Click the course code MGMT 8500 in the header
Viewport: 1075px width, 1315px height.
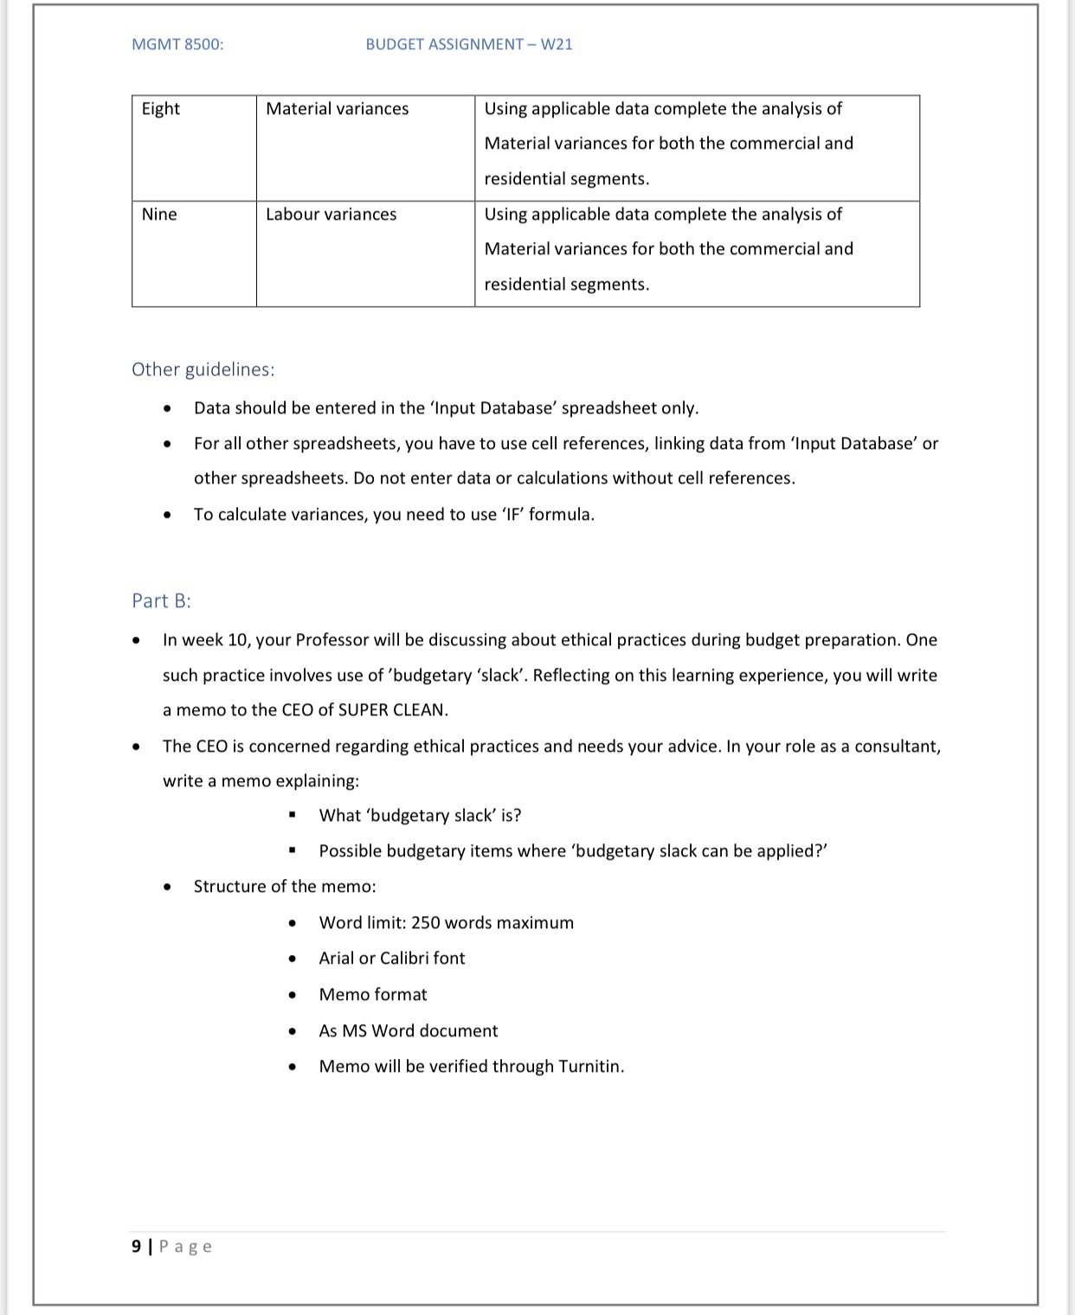pyautogui.click(x=177, y=44)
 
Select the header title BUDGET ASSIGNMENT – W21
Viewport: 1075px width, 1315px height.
pyautogui.click(x=468, y=44)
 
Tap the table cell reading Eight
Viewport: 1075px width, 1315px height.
pyautogui.click(x=161, y=109)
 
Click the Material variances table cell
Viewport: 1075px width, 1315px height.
pyautogui.click(x=337, y=109)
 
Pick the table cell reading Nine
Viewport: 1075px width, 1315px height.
pyautogui.click(x=159, y=215)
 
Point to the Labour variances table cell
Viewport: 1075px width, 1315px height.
pyautogui.click(x=331, y=215)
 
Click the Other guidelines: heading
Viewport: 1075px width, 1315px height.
pyautogui.click(x=203, y=369)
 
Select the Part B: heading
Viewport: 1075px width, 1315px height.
pyautogui.click(x=161, y=600)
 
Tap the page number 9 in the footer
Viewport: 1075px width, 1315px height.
pyautogui.click(x=136, y=1246)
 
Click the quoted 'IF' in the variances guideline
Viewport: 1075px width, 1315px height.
pyautogui.click(x=512, y=515)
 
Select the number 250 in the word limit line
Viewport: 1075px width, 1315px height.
pyautogui.click(x=426, y=922)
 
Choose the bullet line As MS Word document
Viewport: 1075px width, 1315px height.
pyautogui.click(x=408, y=1030)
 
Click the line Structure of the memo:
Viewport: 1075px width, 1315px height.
pyautogui.click(x=285, y=887)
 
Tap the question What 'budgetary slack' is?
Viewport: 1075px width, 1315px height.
pyautogui.click(x=420, y=816)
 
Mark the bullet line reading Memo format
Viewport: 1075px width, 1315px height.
pyautogui.click(x=372, y=995)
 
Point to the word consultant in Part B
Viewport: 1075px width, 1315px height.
pyautogui.click(x=896, y=747)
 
